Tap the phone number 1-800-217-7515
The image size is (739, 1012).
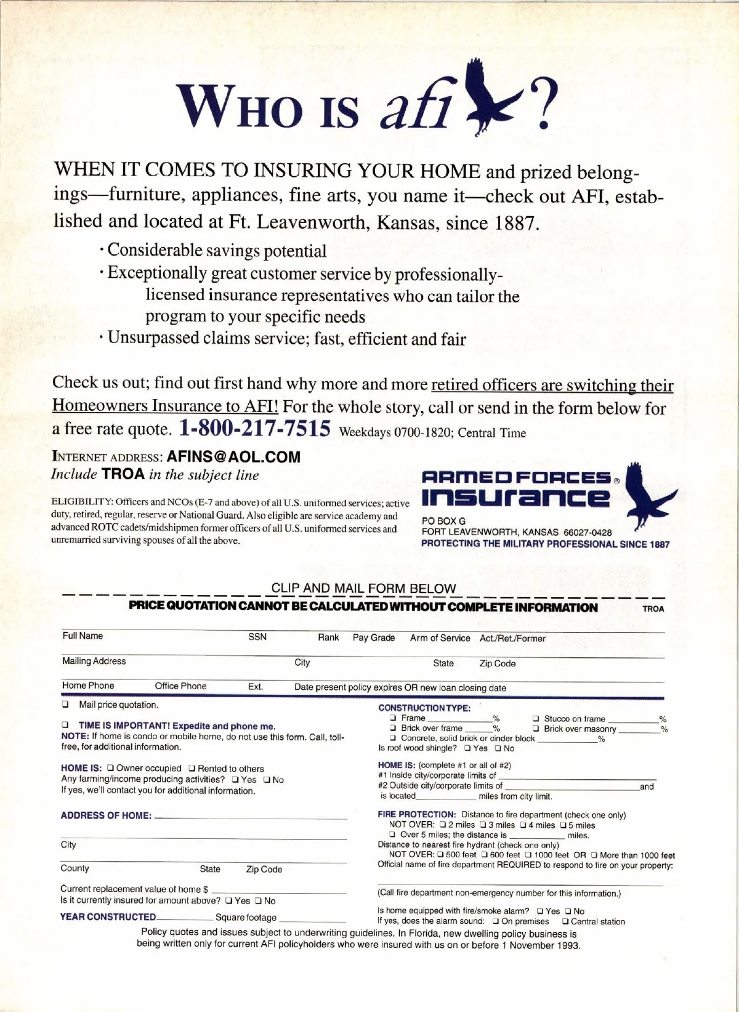pos(255,427)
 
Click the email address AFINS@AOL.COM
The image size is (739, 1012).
pos(233,456)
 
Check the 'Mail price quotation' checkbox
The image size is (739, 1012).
pos(65,705)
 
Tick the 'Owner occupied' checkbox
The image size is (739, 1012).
pos(111,769)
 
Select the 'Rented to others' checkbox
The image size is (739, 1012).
pos(192,769)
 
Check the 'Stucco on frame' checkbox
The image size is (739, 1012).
pos(536,719)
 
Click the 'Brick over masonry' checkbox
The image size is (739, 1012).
pos(536,729)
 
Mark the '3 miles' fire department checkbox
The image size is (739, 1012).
pos(483,825)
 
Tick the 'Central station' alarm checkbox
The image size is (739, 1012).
pos(565,922)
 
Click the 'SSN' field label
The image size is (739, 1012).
pos(257,637)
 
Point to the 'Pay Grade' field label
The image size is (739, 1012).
pos(373,638)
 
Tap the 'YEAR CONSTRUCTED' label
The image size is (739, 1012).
pos(108,917)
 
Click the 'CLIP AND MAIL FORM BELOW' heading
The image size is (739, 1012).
pos(363,588)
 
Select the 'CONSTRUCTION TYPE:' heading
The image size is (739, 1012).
pos(424,708)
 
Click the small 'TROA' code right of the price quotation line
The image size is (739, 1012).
pos(653,609)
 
